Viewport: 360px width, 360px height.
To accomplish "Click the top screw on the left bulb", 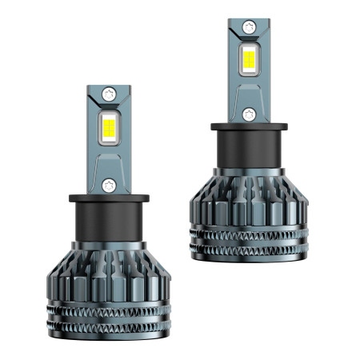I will [110, 94].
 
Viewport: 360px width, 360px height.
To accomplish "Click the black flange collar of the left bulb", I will [110, 198].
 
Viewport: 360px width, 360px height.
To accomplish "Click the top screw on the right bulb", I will [249, 26].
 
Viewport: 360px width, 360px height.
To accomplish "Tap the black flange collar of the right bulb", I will [249, 126].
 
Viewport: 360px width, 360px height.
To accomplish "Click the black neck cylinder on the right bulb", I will [249, 148].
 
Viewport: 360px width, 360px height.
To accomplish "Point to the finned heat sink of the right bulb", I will [249, 200].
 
